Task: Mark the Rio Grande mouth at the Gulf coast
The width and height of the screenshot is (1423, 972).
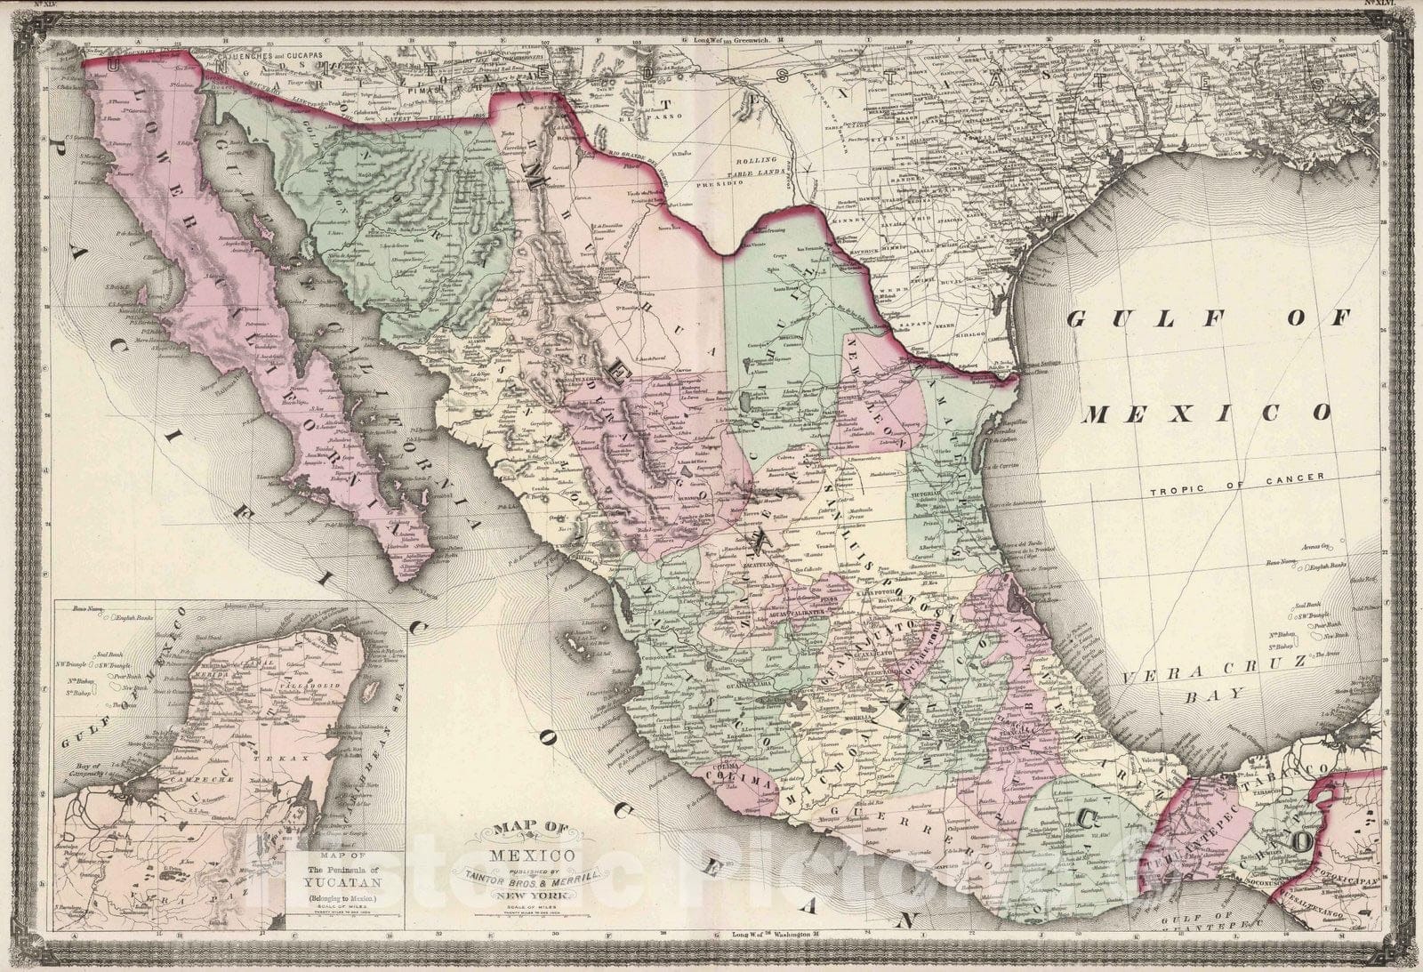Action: [1015, 380]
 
